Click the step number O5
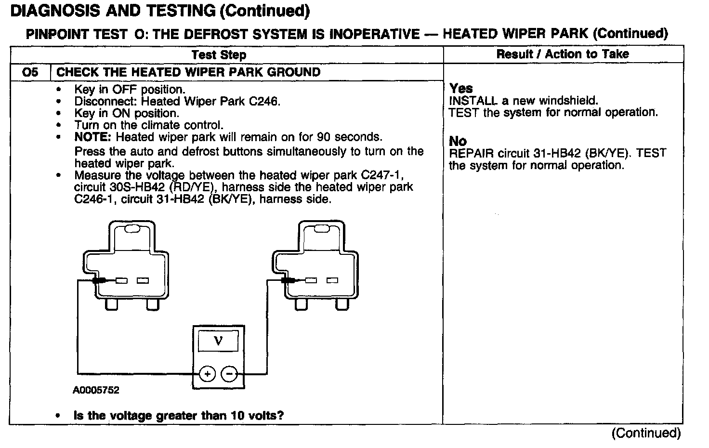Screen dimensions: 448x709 (30, 72)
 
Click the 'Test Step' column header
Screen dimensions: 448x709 (219, 54)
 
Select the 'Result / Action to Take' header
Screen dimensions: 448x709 (563, 54)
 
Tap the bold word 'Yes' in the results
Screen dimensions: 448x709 (461, 89)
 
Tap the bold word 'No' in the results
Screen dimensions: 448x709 (458, 141)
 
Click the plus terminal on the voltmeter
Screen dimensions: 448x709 (207, 374)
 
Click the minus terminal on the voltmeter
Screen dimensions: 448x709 (229, 374)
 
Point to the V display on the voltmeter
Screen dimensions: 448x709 (218, 342)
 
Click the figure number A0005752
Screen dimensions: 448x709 (96, 390)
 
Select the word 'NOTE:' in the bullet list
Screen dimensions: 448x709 (92, 137)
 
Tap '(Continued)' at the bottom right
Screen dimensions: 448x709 (646, 433)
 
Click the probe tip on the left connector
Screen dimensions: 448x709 (100, 280)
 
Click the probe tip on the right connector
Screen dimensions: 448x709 (289, 280)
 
